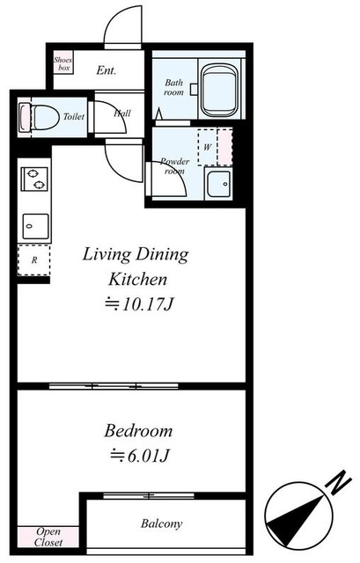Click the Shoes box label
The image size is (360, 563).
pos(62,63)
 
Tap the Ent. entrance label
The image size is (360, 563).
pos(106,70)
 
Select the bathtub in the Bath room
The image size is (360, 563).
pos(219,91)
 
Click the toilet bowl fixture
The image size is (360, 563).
pos(40,117)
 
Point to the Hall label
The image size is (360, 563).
pos(122,113)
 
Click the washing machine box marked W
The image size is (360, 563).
pos(208,147)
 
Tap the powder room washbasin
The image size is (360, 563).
pos(218,184)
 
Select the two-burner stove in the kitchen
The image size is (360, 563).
pos(34,179)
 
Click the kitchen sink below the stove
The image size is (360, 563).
pos(35,226)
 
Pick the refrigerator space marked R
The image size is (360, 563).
pos(34,260)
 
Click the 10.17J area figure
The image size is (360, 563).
pos(139,304)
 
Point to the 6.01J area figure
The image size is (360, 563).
pos(139,456)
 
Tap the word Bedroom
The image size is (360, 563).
pos(138,431)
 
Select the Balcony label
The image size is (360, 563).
pos(161,523)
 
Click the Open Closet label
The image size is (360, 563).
pos(48,537)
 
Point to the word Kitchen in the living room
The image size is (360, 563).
pos(138,280)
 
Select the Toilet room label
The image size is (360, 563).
pos(74,116)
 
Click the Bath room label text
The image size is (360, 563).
pos(174,87)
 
